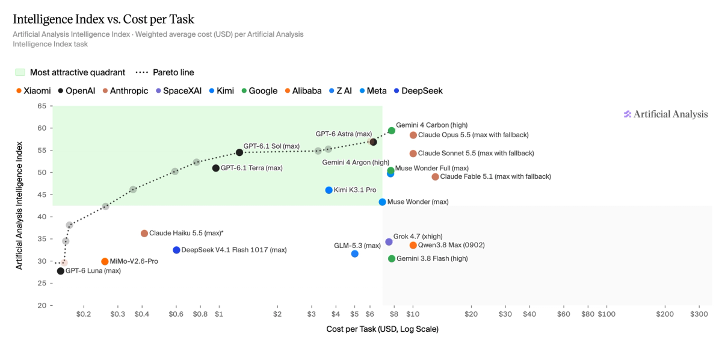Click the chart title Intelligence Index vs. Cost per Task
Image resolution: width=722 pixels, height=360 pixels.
[x=103, y=19]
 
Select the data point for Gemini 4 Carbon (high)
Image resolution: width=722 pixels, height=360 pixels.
[x=392, y=131]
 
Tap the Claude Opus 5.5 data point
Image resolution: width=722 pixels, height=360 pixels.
[x=413, y=135]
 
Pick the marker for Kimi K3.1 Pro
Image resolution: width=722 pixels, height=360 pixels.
[x=329, y=190]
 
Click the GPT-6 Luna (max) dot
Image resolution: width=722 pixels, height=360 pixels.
[x=61, y=271]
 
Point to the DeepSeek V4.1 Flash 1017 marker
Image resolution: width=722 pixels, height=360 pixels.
[x=176, y=250]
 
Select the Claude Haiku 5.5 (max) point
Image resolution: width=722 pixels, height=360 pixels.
[x=144, y=233]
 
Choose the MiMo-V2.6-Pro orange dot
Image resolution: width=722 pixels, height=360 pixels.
[x=105, y=262]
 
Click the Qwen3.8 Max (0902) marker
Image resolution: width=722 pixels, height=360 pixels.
[x=413, y=246]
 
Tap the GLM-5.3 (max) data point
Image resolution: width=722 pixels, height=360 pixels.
[x=355, y=254]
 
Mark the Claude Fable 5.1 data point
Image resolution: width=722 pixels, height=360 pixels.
[x=435, y=177]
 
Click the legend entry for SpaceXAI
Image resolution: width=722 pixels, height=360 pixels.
[x=179, y=91]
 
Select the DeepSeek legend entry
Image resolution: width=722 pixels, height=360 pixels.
[x=418, y=91]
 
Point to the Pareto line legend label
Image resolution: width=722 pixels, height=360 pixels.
[x=173, y=72]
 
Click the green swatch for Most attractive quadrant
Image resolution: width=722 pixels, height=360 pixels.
[x=20, y=72]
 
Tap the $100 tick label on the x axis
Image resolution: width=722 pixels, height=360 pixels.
[x=606, y=314]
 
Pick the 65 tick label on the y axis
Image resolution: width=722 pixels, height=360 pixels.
[x=42, y=106]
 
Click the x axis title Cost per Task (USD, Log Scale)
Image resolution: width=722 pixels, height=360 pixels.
[x=382, y=329]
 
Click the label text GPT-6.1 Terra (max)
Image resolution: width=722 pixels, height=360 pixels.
[x=251, y=168]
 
